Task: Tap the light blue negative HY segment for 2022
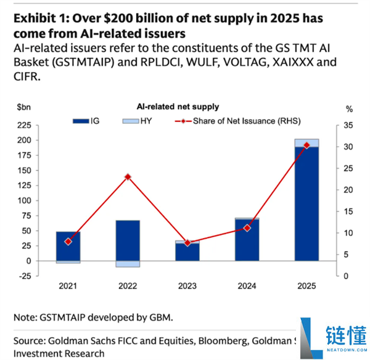coord(128,264)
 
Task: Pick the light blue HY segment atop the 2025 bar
coord(306,143)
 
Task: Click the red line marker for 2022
coord(128,177)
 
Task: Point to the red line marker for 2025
coord(306,145)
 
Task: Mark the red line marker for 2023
coord(187,243)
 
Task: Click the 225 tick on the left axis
coord(24,125)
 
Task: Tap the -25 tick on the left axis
coord(24,276)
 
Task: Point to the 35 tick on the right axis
coord(348,125)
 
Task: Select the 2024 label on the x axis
coord(247,287)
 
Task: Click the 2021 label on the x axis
coord(68,287)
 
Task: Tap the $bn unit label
coord(25,108)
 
